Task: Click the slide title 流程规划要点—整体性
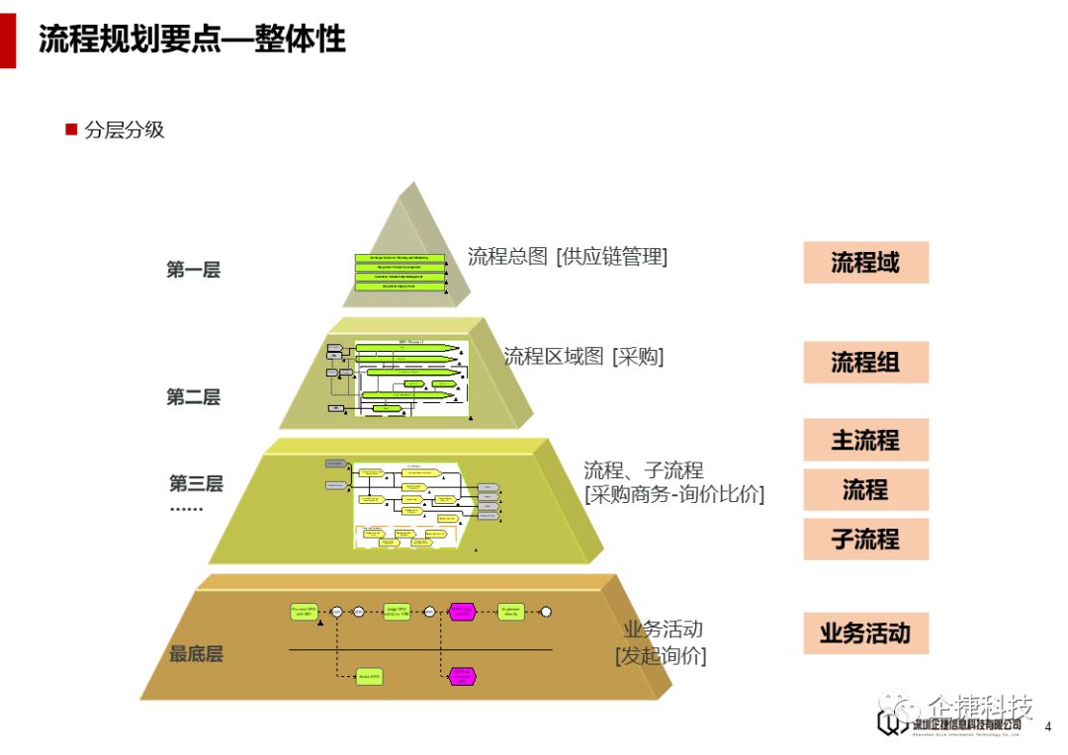[192, 40]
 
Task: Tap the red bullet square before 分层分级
[71, 129]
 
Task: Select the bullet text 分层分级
[125, 129]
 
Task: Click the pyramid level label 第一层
[193, 270]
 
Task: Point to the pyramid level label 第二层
[193, 397]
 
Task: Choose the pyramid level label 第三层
[196, 483]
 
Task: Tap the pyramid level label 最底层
[196, 653]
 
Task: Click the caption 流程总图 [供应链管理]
[568, 256]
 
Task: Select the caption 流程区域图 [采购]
[583, 356]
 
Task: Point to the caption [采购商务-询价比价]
[674, 494]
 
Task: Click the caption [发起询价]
[661, 654]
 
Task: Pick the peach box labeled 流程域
[865, 263]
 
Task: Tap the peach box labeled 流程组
[865, 362]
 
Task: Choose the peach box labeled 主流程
[865, 440]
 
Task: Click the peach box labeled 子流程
[865, 540]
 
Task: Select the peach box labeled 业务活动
[865, 632]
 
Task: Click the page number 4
[1048, 727]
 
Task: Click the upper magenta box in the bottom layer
[462, 612]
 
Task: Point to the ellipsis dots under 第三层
[186, 509]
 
